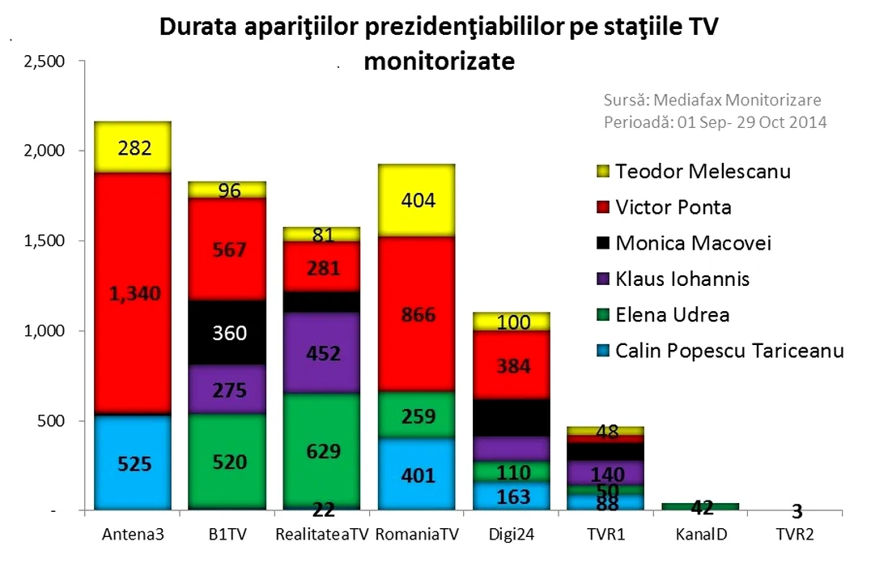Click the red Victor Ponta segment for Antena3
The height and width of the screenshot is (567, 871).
coord(133,293)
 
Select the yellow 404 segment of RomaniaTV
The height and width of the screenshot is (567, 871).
coord(416,201)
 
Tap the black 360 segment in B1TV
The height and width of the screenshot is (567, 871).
coord(227,333)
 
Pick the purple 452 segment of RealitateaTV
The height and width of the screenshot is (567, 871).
coord(321,353)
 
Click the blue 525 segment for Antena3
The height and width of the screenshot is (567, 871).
coord(133,463)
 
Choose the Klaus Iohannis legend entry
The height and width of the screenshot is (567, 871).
coord(682,279)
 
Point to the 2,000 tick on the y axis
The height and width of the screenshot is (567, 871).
coord(41,151)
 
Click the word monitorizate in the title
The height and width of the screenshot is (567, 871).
coord(440,62)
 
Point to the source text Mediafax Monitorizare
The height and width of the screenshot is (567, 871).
coord(712,100)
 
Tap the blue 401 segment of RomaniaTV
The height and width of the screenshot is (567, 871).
coord(416,475)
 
